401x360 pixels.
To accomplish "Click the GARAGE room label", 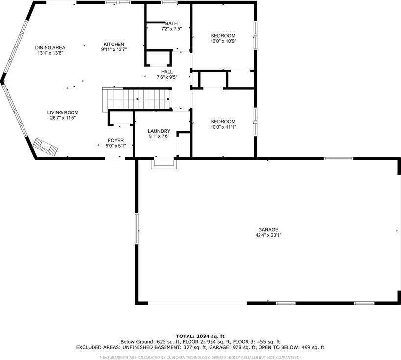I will coord(268,229).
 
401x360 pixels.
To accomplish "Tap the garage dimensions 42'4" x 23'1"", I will coord(268,235).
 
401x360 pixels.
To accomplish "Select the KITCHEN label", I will coord(114,44).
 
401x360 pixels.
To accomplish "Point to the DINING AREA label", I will coord(50,47).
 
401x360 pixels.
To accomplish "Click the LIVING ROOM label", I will coord(63,112).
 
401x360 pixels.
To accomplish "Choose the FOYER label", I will coord(116,140).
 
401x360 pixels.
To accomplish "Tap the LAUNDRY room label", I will coord(159,131).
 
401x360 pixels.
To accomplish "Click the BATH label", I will coord(171,23).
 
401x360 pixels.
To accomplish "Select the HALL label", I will coord(166,72).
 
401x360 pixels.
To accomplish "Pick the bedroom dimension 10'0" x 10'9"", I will coord(223,41).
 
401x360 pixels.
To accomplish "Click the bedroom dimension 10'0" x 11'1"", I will coord(223,127).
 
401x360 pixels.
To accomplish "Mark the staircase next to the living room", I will coord(136,98).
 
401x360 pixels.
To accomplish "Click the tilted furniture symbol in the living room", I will coord(46,146).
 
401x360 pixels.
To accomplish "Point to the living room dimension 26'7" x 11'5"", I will coord(63,118).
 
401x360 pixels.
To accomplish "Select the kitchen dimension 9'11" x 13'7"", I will coord(114,49).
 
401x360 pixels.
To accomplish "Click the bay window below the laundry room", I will coord(163,163).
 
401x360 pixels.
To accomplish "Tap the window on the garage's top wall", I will coord(338,158).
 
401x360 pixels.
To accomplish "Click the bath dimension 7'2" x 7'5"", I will coord(171,29).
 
